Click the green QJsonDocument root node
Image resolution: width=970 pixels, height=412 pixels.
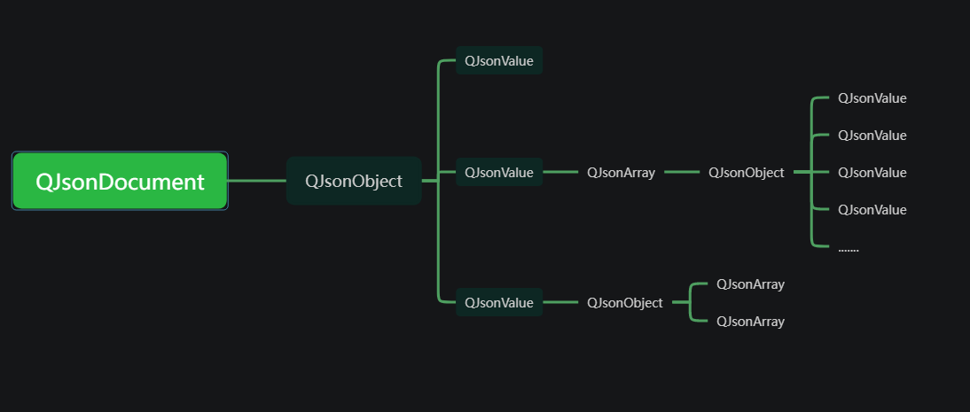120,182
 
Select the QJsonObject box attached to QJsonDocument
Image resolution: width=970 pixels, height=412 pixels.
353,181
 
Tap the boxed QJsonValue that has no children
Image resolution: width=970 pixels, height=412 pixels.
498,61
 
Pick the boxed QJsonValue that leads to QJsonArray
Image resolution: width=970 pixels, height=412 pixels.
498,173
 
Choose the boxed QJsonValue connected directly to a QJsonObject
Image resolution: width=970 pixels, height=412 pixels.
498,302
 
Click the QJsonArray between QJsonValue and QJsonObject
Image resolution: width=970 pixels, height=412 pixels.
621,173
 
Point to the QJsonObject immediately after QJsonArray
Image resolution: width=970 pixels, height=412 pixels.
746,173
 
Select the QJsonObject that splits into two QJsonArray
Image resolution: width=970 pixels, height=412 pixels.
624,302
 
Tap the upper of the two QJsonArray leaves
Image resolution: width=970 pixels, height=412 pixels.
750,284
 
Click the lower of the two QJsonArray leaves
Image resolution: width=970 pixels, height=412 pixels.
750,322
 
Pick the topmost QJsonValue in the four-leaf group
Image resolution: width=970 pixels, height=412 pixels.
872,98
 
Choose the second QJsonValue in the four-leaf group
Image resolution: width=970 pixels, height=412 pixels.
872,136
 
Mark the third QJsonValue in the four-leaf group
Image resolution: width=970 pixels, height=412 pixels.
872,173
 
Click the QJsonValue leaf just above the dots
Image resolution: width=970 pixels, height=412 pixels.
872,210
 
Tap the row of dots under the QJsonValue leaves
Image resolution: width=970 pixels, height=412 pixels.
849,248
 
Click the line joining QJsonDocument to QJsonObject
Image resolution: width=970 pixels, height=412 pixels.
256,181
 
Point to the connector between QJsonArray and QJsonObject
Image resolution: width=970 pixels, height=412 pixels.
681,173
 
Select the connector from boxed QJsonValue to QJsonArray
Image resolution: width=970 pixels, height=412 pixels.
559,173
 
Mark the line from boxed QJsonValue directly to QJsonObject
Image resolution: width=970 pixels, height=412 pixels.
559,302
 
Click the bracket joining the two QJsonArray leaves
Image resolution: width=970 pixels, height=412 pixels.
692,302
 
